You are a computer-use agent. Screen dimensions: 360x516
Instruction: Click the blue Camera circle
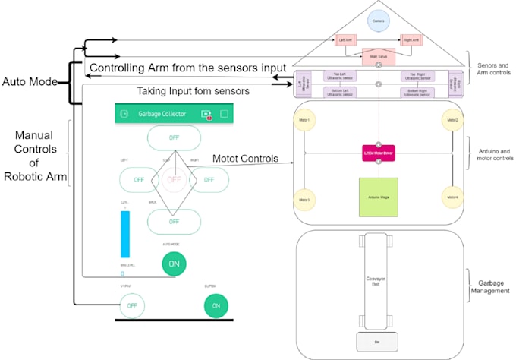[x=378, y=22]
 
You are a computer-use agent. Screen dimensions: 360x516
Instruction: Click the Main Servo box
[x=378, y=55]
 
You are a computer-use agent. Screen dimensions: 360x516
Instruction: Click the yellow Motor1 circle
[x=304, y=122]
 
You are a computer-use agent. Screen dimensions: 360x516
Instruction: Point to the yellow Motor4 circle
[x=452, y=199]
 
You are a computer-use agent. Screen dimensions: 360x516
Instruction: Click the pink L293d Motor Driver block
[x=378, y=153]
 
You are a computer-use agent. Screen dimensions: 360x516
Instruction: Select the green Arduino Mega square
[x=378, y=197]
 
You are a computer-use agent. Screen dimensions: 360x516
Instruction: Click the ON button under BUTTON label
[x=216, y=305]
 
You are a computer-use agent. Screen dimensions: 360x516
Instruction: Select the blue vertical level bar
[x=125, y=234]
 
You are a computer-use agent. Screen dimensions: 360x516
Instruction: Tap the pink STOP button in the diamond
[x=174, y=180]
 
